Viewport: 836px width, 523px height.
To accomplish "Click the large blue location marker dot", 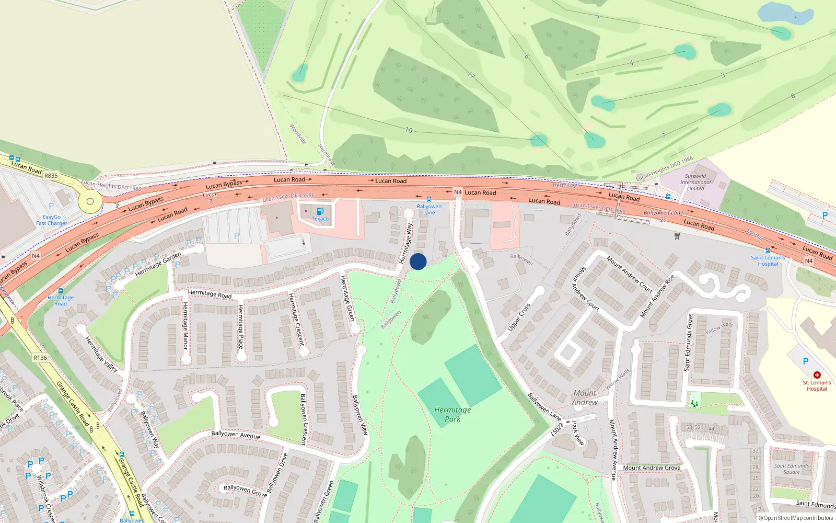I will (x=418, y=261).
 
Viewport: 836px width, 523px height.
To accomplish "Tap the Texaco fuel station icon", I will (x=320, y=211).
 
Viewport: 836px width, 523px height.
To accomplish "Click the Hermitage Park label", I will (x=452, y=414).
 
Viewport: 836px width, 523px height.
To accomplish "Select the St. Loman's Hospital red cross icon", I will (x=817, y=375).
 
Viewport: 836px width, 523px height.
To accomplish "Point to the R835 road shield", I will (x=51, y=176).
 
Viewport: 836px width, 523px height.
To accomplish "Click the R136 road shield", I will (x=40, y=358).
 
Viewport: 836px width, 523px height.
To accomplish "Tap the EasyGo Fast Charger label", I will (x=51, y=220).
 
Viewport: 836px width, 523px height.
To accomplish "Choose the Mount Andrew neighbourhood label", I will (x=585, y=397).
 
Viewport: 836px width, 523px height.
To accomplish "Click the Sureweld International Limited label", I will (x=695, y=182).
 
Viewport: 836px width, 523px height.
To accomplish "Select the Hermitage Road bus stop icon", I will (x=61, y=291).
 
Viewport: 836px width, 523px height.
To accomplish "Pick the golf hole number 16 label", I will (x=409, y=130).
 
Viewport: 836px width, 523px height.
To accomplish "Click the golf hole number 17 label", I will (x=471, y=75).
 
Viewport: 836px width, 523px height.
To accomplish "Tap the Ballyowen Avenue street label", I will (x=236, y=435).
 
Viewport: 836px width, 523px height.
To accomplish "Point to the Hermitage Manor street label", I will (x=185, y=325).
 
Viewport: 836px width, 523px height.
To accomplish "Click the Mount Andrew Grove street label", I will (x=652, y=468).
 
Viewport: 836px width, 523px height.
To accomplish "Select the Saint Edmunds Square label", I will (x=792, y=469).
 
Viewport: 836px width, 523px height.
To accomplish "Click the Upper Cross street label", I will (x=519, y=317).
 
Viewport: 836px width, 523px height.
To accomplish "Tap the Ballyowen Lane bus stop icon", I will (x=429, y=199).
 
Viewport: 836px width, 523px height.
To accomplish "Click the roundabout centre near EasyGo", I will (x=90, y=201).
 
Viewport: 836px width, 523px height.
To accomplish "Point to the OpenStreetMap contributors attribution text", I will (x=795, y=518).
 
